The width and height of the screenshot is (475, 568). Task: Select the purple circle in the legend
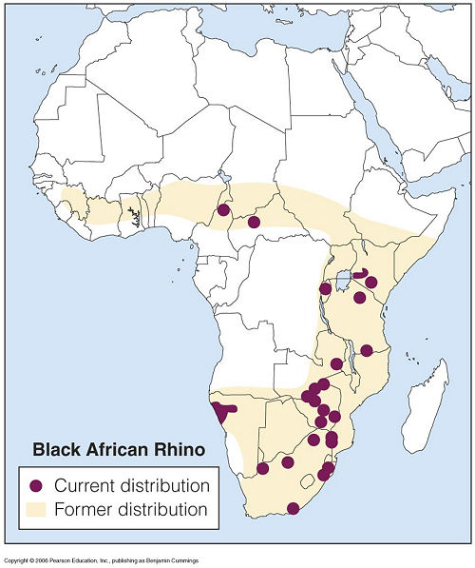38,484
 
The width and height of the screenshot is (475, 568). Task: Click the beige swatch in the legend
38,509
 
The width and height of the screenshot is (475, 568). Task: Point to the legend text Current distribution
132,484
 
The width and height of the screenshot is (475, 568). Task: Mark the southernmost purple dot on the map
294,508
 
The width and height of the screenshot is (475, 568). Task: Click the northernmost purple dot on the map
224,209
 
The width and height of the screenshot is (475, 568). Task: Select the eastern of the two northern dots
254,222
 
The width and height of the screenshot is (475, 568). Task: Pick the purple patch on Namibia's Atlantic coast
222,412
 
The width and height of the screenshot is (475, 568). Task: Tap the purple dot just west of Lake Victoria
326,287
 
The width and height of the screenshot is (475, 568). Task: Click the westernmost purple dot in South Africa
263,468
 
